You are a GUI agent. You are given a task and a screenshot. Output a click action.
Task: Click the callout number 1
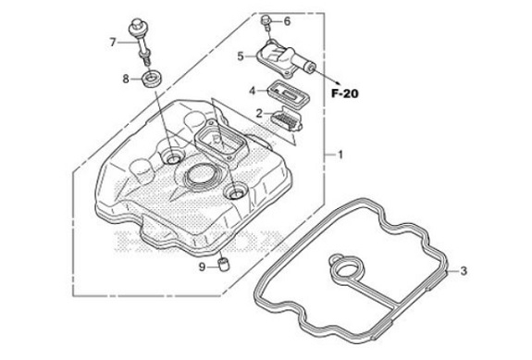tap(340, 154)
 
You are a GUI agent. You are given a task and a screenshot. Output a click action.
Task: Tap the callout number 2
tap(259, 113)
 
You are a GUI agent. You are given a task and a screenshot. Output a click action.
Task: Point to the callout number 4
tap(252, 90)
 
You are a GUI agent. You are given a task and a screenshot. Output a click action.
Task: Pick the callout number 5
tap(240, 56)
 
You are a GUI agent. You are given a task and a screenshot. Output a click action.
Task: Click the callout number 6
tap(287, 20)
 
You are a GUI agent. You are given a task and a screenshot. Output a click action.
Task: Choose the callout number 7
tap(112, 42)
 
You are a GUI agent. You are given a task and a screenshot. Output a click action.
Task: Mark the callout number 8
tap(126, 79)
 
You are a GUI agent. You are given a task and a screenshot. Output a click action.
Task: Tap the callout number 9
tap(201, 267)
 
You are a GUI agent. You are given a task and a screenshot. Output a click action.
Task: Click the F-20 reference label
tap(345, 94)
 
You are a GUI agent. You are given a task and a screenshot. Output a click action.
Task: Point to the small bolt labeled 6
tap(267, 20)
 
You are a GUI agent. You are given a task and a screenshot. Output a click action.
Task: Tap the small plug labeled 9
tap(223, 268)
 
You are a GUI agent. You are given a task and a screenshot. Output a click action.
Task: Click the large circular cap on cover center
tap(200, 174)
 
